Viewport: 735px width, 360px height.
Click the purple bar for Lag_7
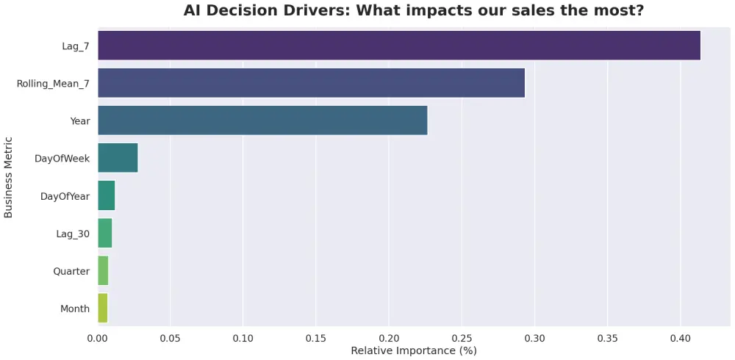[x=398, y=46]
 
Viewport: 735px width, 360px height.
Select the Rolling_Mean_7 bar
[x=311, y=83]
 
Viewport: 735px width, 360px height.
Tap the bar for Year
[x=262, y=120]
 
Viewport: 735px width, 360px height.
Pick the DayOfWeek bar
[x=118, y=158]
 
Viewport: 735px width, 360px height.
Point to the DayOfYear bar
[x=106, y=195]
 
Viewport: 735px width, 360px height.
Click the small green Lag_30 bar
[x=104, y=233]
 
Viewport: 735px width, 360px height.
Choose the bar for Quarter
[x=103, y=270]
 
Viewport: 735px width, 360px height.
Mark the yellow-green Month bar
[x=102, y=308]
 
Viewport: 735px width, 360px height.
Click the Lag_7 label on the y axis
[x=76, y=46]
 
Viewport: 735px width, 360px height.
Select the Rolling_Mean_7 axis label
[x=53, y=84]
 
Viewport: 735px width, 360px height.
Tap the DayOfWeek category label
[x=62, y=159]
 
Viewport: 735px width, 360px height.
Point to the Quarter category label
[x=71, y=271]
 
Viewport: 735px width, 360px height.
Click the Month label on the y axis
[x=75, y=309]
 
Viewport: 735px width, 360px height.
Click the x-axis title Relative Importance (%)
[x=414, y=350]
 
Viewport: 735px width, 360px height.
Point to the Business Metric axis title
[x=9, y=177]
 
